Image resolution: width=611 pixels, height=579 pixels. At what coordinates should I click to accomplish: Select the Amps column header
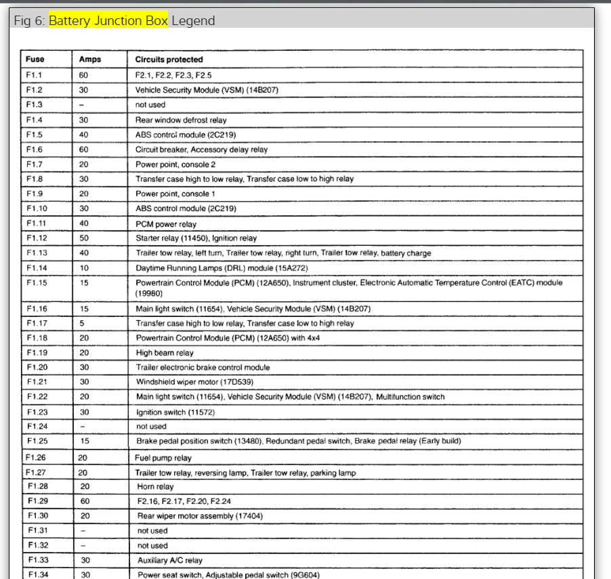coord(90,60)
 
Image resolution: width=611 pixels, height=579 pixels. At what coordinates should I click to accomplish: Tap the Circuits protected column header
coord(169,60)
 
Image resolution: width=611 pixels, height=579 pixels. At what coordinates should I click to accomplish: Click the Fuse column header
coord(35,60)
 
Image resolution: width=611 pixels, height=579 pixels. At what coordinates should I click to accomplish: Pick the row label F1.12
coord(37,238)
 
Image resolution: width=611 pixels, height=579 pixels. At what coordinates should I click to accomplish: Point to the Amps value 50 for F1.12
coord(84,238)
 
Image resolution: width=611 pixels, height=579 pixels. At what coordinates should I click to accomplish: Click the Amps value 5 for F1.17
coord(81,324)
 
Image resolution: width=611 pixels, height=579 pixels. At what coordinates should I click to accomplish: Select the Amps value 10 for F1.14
coord(83,267)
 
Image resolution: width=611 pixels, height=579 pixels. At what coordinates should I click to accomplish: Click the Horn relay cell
coord(155,487)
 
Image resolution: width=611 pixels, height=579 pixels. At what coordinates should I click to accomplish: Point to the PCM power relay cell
coord(166,224)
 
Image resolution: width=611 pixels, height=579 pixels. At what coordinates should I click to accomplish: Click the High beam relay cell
coord(165,353)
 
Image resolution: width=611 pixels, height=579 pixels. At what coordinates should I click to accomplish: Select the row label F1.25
coord(37,441)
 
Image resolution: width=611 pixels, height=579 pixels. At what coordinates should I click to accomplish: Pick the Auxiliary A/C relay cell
coord(170,561)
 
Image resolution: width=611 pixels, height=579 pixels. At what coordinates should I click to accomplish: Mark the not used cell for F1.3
coord(150,105)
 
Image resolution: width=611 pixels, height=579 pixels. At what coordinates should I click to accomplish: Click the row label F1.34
coord(38,575)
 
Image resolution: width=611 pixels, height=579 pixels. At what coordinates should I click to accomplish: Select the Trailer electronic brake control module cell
coord(203,368)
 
